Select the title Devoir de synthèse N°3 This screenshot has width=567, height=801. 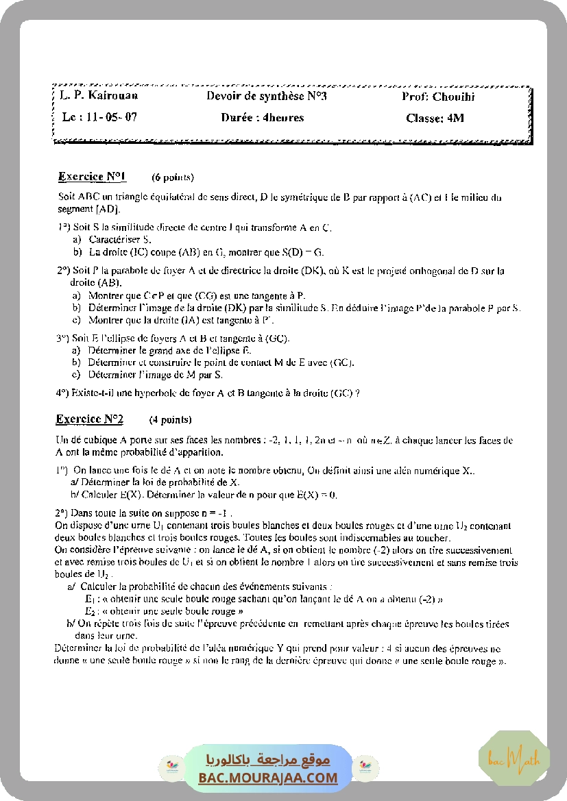267,96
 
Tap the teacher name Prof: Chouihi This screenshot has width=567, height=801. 438,97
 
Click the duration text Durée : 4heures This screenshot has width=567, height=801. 263,117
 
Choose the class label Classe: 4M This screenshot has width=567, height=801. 435,118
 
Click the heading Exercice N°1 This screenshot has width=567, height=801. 92,177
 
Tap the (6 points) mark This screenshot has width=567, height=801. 173,178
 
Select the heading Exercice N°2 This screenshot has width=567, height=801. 89,419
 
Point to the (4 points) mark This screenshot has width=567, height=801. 170,419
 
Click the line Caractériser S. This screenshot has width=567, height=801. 119,239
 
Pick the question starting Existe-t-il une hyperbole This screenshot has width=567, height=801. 208,393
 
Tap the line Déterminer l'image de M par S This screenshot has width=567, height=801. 156,375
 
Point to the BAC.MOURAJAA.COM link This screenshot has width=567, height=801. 268,778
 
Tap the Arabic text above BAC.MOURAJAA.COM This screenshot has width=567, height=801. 268,760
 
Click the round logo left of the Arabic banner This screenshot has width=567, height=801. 169,768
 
